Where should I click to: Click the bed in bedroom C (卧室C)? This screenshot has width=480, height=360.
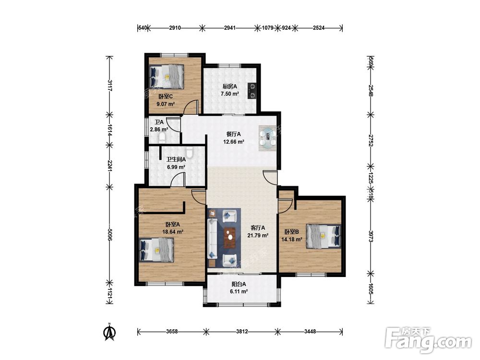pyautogui.click(x=167, y=76)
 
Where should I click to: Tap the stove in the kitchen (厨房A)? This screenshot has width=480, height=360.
pyautogui.click(x=252, y=91)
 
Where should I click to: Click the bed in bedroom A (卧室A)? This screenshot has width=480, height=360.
pyautogui.click(x=156, y=250)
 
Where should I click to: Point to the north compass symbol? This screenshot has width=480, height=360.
pyautogui.click(x=109, y=332)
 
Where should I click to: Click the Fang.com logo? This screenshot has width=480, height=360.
pyautogui.click(x=428, y=340)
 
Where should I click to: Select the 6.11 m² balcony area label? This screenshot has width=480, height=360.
pyautogui.click(x=239, y=292)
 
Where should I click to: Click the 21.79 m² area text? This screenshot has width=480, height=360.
pyautogui.click(x=258, y=235)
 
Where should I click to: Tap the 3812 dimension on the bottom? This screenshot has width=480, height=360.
pyautogui.click(x=242, y=331)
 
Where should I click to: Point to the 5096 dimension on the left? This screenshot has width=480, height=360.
pyautogui.click(x=110, y=234)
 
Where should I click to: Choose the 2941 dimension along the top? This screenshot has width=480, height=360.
pyautogui.click(x=230, y=28)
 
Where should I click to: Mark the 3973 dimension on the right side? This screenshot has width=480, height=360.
pyautogui.click(x=371, y=236)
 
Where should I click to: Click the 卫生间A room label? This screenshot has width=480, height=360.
pyautogui.click(x=176, y=159)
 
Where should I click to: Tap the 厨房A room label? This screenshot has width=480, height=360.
pyautogui.click(x=230, y=86)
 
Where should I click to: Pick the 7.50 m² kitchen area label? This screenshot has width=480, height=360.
pyautogui.click(x=230, y=94)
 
